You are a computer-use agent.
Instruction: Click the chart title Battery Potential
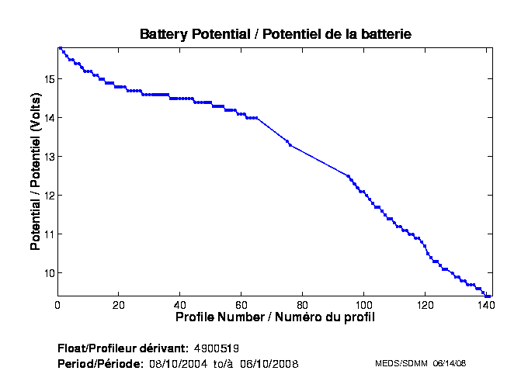[275, 34]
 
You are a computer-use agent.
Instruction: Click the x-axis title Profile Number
[275, 317]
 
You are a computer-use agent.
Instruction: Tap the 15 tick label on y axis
[48, 79]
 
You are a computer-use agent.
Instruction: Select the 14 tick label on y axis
[48, 118]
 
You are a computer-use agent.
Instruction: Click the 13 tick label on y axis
[48, 157]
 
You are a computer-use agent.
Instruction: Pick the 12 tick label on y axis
[48, 196]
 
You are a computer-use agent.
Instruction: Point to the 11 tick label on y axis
[48, 234]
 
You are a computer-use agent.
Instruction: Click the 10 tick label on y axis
[48, 273]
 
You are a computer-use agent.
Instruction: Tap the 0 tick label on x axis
[57, 305]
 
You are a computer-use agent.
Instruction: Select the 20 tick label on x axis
[119, 305]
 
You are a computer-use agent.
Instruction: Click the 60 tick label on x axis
[241, 305]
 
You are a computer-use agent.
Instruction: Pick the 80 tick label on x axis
[303, 305]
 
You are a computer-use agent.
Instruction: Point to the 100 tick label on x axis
[364, 305]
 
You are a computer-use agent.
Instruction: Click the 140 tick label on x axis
[486, 305]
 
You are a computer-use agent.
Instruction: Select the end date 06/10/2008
[269, 364]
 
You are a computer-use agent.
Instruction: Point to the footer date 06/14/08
[449, 363]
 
